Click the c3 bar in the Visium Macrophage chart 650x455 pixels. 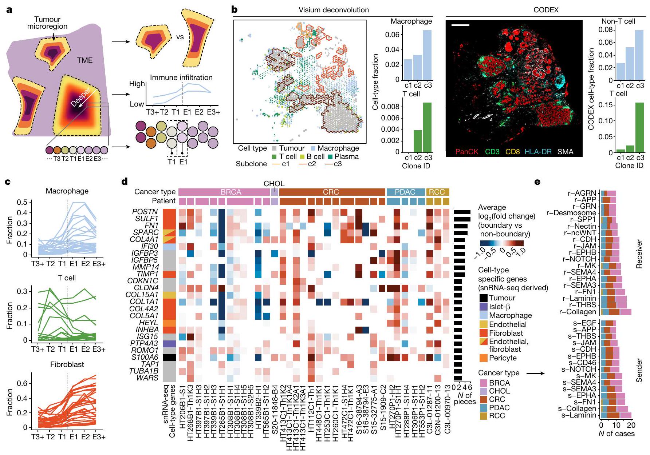click(x=427, y=55)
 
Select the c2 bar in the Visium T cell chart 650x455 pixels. click(x=418, y=141)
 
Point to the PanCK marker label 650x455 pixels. click(x=466, y=152)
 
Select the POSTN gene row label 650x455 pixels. click(x=145, y=212)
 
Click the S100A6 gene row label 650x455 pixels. click(x=145, y=358)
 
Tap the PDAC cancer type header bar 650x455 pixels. click(x=405, y=192)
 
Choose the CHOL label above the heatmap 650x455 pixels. click(x=274, y=184)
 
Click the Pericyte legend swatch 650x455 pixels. click(x=483, y=358)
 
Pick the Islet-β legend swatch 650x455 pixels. click(x=483, y=307)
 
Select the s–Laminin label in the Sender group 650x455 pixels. click(x=579, y=415)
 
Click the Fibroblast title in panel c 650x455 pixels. click(x=67, y=364)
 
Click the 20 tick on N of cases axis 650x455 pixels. click(x=631, y=425)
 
